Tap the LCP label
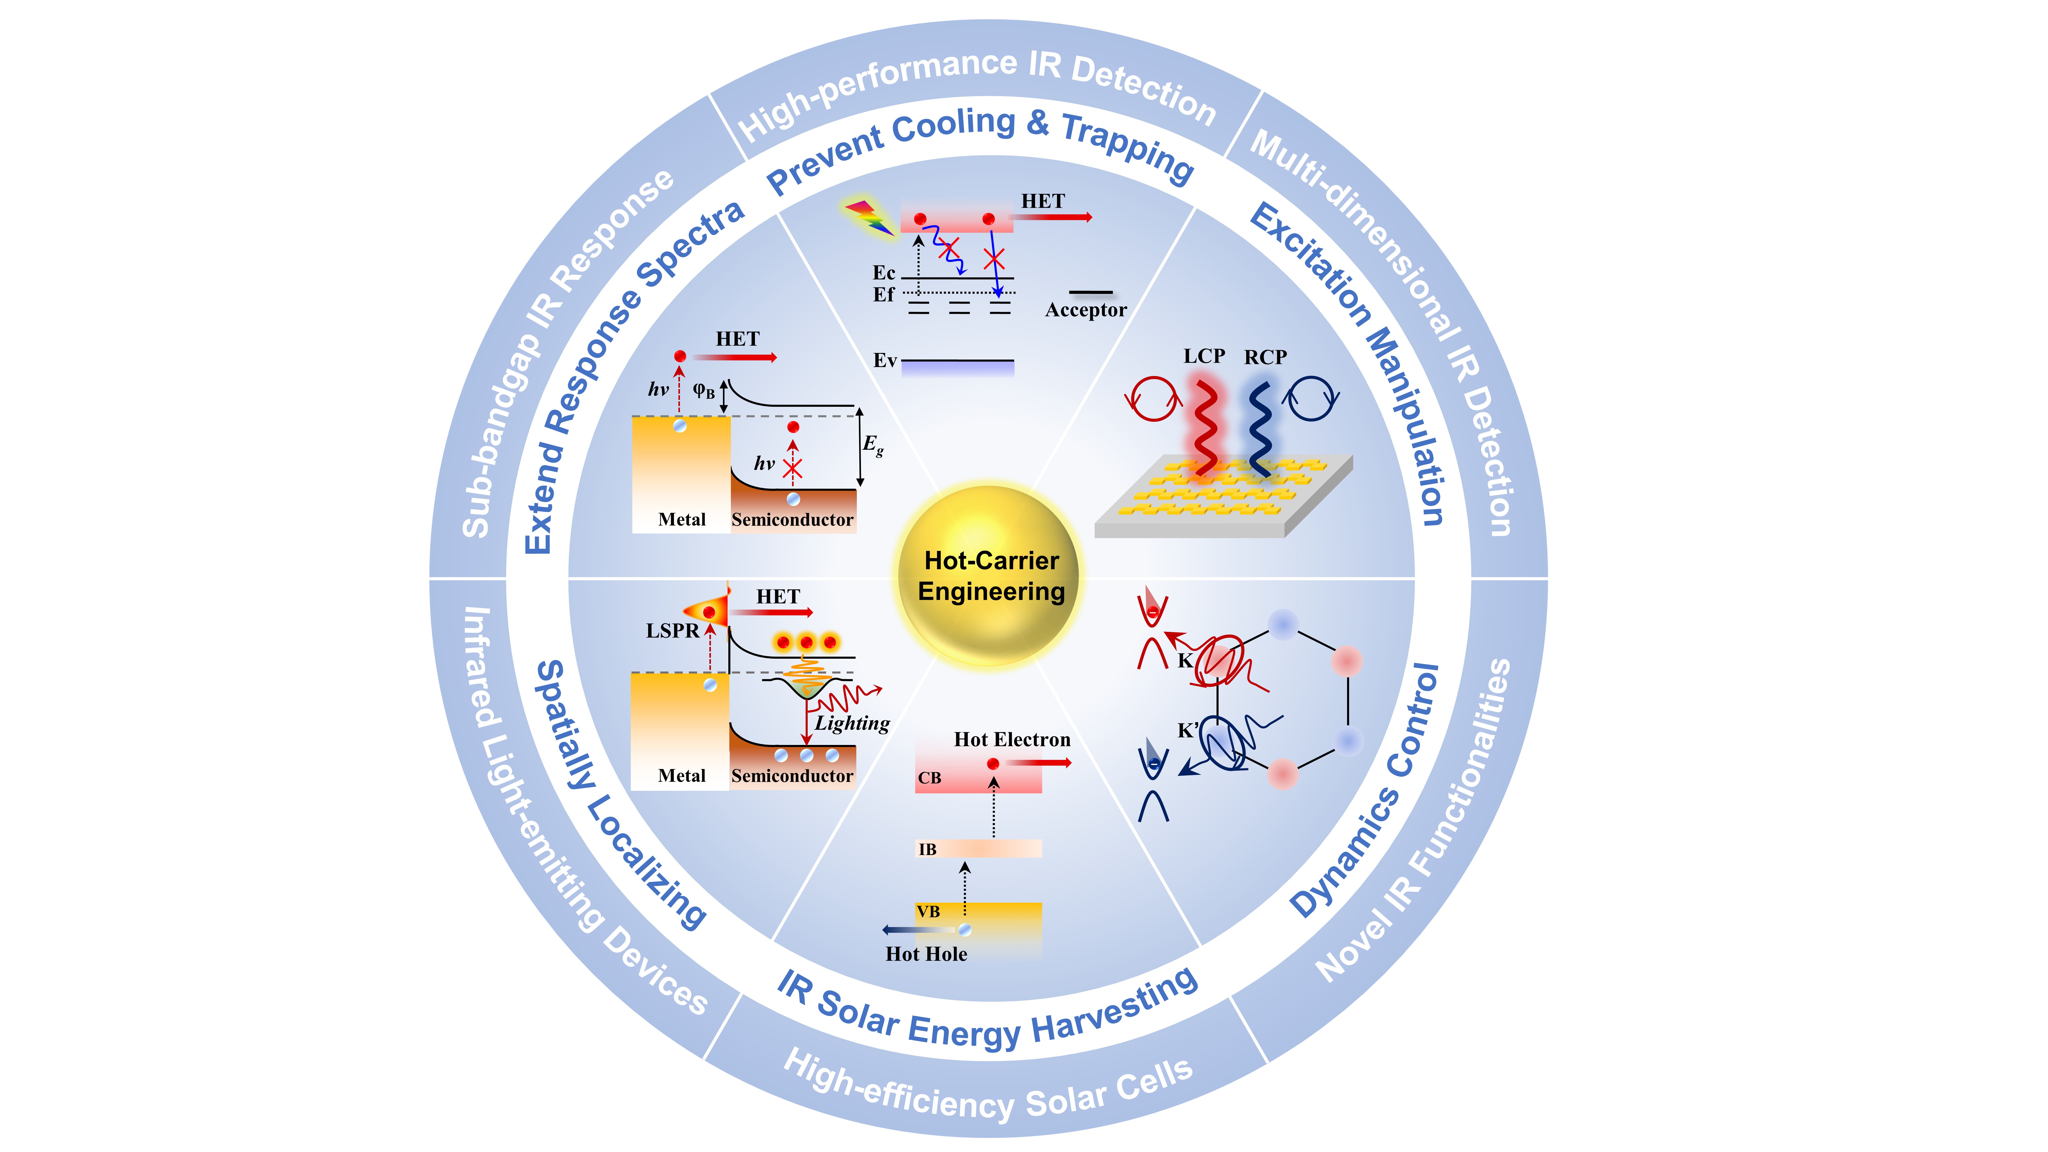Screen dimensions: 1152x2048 [1204, 356]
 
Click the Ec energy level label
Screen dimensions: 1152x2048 [884, 273]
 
